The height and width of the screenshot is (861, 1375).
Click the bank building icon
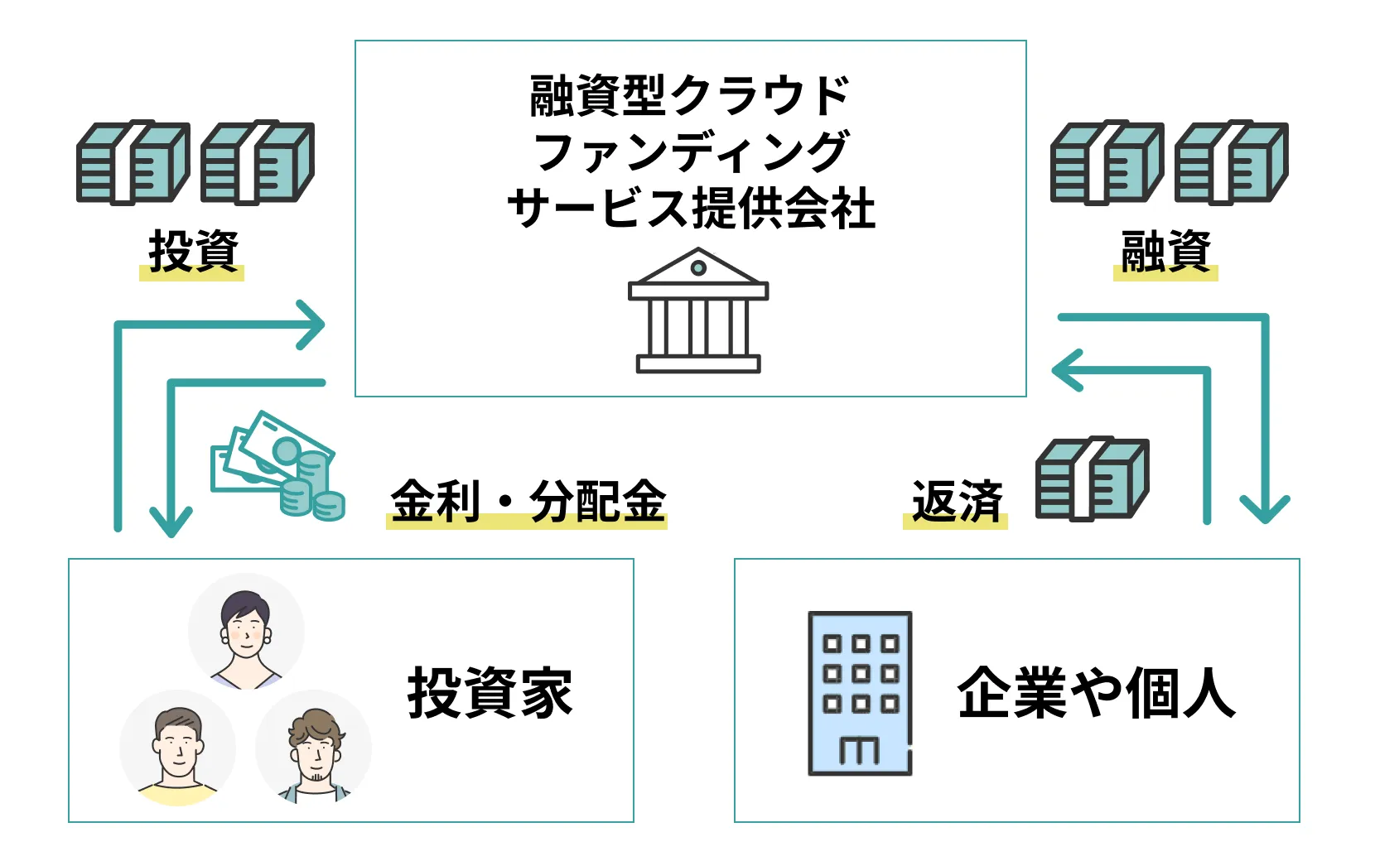coord(697,310)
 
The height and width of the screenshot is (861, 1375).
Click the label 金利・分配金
coord(528,501)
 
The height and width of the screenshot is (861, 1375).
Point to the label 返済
coord(957,501)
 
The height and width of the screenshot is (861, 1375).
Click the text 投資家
coord(490,692)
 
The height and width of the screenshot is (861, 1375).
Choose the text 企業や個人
coord(1096,692)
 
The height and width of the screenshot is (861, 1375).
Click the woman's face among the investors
coord(245,629)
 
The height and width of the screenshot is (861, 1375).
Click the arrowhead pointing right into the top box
coord(313,325)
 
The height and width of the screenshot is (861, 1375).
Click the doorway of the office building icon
coord(859,750)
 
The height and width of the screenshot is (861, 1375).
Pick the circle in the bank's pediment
coord(698,267)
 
